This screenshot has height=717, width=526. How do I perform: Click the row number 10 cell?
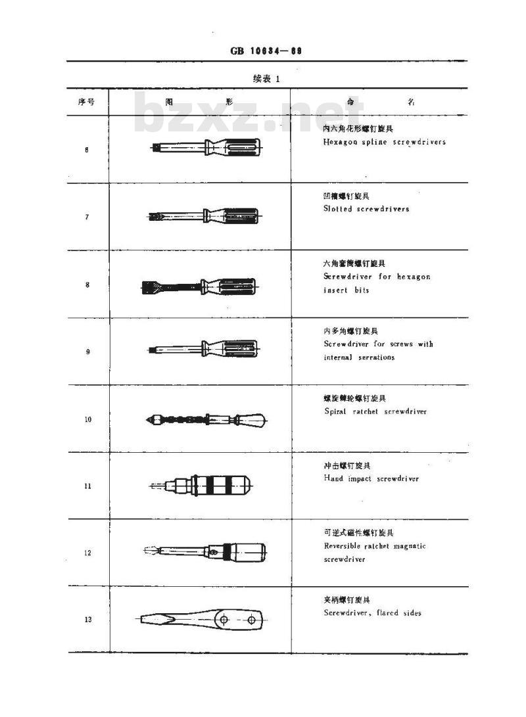[x=87, y=419]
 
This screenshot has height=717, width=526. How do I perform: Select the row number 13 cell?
[x=87, y=620]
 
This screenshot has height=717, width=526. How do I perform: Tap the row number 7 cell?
[x=87, y=217]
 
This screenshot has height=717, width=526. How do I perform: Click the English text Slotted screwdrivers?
[x=366, y=209]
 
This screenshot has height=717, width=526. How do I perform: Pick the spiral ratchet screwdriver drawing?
[x=206, y=419]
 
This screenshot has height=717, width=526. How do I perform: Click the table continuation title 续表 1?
[x=266, y=78]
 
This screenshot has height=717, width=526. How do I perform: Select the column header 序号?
[x=87, y=102]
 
